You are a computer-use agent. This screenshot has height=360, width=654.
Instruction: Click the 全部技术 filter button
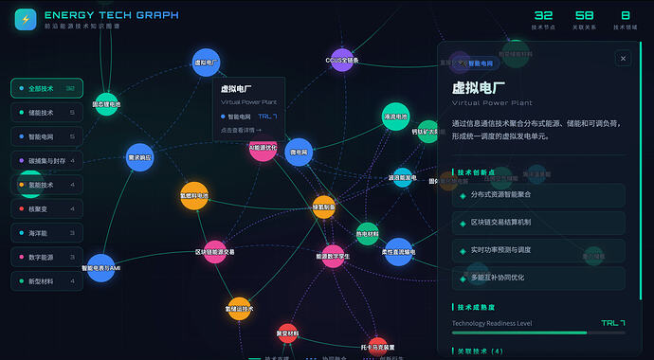coord(46,88)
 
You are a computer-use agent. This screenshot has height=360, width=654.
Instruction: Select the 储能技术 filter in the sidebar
coord(46,113)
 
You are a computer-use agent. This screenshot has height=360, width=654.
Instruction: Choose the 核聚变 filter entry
coord(46,208)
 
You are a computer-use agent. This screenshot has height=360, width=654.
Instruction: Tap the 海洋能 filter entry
coord(46,233)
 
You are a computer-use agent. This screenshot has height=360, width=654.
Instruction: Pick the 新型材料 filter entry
coord(46,281)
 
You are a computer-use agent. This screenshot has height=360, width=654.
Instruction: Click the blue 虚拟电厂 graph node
coord(206,63)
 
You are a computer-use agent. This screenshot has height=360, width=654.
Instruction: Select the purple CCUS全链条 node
coord(342,60)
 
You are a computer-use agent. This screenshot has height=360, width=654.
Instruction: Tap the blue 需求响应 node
coord(139,157)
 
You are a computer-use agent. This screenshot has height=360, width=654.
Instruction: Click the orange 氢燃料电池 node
coord(193,195)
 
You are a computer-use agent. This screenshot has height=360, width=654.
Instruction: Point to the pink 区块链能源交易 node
coord(215,252)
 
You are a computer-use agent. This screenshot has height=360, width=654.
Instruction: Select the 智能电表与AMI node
coord(100,268)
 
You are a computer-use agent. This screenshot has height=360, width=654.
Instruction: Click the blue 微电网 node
coord(299,152)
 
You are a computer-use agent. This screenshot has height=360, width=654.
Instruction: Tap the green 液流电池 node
coord(395,116)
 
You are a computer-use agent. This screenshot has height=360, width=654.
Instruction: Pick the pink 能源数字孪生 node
coord(333,256)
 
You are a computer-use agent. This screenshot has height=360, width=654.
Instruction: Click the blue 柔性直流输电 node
coord(398,252)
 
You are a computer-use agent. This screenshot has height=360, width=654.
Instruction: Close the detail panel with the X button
coord(623,59)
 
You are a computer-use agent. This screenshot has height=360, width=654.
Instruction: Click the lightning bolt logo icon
coord(26,19)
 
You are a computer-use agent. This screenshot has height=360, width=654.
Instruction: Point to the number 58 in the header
coord(584,15)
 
